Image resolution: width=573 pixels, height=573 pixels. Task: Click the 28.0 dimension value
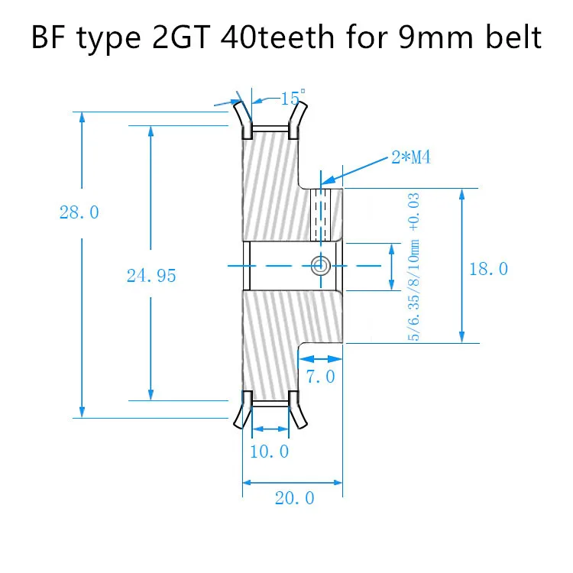(x=79, y=212)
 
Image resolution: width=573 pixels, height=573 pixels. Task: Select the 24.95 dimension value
(x=151, y=276)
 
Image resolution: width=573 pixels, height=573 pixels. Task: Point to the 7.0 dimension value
(x=319, y=377)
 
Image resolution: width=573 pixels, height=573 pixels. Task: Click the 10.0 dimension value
(x=270, y=452)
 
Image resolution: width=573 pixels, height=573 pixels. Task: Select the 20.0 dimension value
(x=294, y=498)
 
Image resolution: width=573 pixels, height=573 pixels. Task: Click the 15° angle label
(x=293, y=98)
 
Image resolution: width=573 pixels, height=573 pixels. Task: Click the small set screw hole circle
(x=320, y=265)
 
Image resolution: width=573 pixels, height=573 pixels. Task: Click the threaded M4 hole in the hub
(x=322, y=214)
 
